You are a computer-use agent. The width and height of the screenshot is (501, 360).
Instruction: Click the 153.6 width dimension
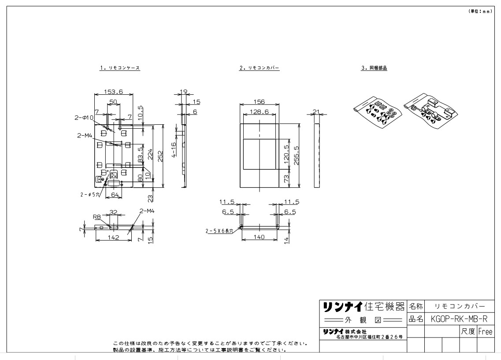(113, 92)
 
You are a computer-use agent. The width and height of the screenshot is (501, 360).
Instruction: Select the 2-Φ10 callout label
(83, 118)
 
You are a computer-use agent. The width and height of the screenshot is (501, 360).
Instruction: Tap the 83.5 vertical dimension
(140, 156)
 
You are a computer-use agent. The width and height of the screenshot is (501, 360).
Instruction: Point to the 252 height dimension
(161, 156)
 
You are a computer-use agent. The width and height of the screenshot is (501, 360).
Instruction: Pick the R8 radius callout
(96, 217)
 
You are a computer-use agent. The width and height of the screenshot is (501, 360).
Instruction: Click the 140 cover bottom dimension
(259, 237)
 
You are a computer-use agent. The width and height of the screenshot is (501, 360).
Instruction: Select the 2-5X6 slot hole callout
(222, 230)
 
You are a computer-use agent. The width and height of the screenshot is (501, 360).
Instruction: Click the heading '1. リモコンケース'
(120, 68)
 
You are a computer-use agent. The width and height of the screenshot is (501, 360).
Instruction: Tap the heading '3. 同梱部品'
(374, 68)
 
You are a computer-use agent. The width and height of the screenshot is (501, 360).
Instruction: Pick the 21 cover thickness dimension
(315, 112)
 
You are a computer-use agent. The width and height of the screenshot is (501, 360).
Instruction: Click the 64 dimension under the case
(115, 194)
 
